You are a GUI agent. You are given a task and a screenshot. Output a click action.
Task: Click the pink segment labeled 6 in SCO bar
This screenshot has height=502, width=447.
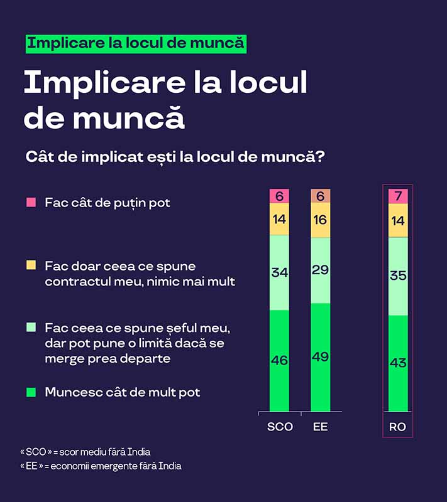pos(279,196)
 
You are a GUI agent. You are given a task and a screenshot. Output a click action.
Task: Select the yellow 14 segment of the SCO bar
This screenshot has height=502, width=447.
pos(279,219)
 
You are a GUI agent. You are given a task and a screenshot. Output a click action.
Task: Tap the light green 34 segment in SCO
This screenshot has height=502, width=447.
pos(279,272)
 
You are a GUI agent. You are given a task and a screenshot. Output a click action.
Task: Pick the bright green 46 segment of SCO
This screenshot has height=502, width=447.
pos(279,360)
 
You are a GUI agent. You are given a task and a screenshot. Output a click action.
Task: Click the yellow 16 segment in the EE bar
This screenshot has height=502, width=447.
pos(320,220)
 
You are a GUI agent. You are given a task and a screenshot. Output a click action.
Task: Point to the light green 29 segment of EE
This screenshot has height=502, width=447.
pos(320,270)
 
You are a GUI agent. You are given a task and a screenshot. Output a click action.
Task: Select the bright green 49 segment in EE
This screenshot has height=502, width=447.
pos(320,357)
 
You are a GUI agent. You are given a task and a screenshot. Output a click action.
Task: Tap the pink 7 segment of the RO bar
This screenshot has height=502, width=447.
pos(398,196)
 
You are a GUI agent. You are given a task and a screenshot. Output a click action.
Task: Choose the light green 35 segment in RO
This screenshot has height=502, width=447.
pos(398,275)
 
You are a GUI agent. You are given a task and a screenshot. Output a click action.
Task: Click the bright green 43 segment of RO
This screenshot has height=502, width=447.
pos(398,363)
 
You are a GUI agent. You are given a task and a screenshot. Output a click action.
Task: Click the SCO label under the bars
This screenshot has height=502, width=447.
pos(280,427)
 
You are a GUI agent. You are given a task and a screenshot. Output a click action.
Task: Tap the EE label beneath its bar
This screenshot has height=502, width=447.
pos(320,427)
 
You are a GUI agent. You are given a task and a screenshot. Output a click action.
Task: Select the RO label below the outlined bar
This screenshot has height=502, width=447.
pos(398,427)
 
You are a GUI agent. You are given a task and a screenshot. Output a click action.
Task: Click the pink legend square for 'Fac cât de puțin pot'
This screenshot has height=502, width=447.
pos(31,203)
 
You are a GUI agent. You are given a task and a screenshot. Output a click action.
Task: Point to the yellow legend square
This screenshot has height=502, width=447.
pos(31,265)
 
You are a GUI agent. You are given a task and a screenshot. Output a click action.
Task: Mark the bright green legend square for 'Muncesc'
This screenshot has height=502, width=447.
pos(31,392)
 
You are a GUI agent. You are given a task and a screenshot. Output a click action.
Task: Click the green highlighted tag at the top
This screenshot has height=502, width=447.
pos(135,43)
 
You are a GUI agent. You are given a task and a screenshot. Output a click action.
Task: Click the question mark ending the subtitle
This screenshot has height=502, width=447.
pos(320,157)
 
